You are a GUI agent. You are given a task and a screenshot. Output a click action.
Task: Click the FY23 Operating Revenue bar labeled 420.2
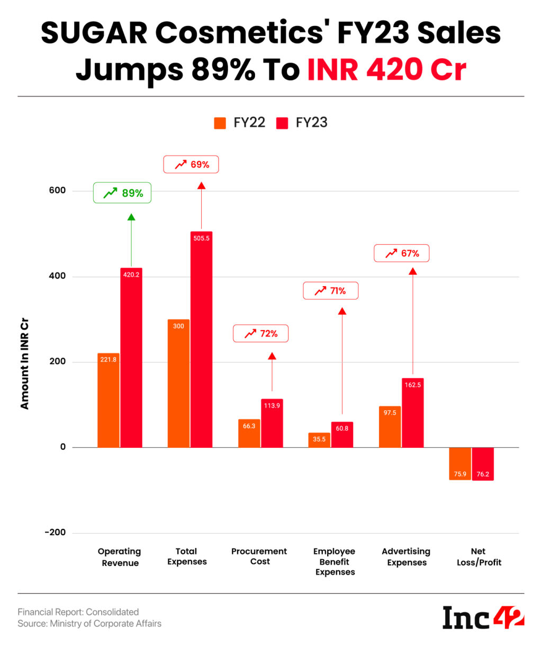pyautogui.click(x=131, y=357)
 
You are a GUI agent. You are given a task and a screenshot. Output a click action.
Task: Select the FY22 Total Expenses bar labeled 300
pyautogui.click(x=178, y=383)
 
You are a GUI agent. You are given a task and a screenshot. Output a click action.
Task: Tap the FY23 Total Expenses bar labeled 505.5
pyautogui.click(x=201, y=339)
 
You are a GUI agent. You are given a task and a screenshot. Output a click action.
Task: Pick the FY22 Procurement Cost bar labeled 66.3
pyautogui.click(x=249, y=433)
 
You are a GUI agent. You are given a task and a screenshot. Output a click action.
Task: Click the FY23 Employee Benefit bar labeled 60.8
pyautogui.click(x=342, y=435)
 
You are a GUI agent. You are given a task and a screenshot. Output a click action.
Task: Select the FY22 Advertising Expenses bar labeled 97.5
pyautogui.click(x=390, y=427)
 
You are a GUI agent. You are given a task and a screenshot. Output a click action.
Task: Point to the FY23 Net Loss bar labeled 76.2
pyautogui.click(x=483, y=464)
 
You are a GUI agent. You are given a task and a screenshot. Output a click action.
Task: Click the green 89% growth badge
pyautogui.click(x=122, y=193)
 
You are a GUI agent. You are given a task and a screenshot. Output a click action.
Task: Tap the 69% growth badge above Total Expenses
pyautogui.click(x=191, y=164)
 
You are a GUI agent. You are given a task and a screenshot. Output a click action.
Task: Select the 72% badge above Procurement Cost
pyautogui.click(x=260, y=333)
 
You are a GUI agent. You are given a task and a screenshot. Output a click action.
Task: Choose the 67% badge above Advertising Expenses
pyautogui.click(x=401, y=253)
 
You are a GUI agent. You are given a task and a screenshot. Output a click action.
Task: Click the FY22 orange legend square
pyautogui.click(x=220, y=123)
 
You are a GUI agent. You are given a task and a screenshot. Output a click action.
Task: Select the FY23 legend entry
pyautogui.click(x=303, y=123)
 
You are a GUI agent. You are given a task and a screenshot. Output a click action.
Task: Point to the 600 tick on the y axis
pyautogui.click(x=57, y=191)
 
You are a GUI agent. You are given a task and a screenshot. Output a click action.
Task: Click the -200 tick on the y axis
pyautogui.click(x=55, y=533)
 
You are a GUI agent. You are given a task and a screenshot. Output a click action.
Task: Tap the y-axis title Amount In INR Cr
pyautogui.click(x=24, y=364)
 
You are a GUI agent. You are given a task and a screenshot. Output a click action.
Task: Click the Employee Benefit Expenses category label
pyautogui.click(x=335, y=562)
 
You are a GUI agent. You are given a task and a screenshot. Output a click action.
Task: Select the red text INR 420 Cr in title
pyautogui.click(x=387, y=69)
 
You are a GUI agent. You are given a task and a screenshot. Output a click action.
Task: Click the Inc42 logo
pyautogui.click(x=483, y=617)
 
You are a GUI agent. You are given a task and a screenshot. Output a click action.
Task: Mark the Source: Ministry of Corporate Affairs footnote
pyautogui.click(x=89, y=624)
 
